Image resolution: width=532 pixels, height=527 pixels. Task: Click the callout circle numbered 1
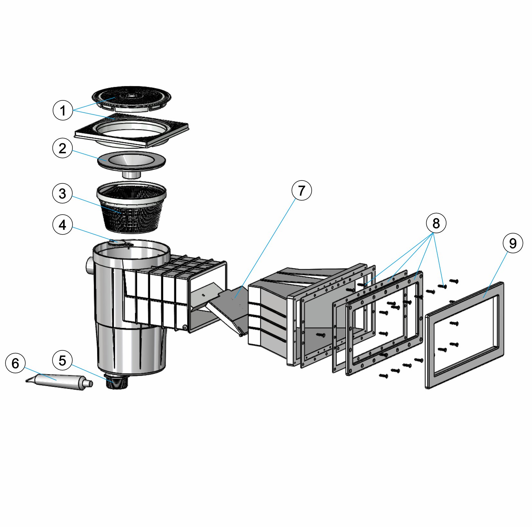(62, 110)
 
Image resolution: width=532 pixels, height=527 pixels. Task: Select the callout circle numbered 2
(62, 148)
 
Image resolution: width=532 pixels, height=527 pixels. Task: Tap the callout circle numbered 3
(62, 193)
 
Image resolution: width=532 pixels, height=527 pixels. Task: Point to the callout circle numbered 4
(62, 225)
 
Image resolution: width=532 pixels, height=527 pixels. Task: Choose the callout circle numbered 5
(62, 360)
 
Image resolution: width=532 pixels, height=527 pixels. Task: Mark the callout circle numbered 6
(15, 363)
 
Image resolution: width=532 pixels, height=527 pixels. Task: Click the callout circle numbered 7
(301, 190)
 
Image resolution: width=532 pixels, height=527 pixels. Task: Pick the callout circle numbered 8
(436, 223)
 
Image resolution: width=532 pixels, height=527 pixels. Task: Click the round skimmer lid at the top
(131, 96)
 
